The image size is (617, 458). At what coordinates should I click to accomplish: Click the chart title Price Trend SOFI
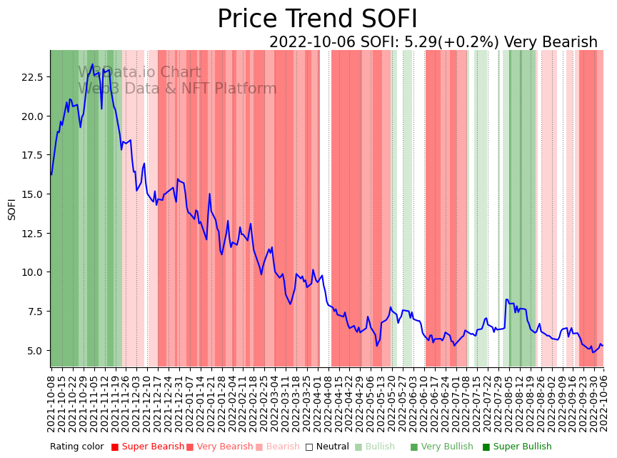point(317,19)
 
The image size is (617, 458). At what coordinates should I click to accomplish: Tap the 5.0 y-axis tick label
point(36,351)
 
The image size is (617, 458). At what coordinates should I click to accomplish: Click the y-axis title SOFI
point(12,209)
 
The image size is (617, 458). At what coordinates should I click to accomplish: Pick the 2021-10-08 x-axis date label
point(51,404)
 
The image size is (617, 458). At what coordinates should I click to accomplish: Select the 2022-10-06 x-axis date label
point(603,404)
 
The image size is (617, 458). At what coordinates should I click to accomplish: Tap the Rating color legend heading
point(76,447)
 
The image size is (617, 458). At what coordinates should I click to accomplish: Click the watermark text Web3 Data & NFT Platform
point(177,89)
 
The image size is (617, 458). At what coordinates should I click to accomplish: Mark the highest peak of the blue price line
point(93,64)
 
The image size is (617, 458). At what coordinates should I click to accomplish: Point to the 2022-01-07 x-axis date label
point(190,404)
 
